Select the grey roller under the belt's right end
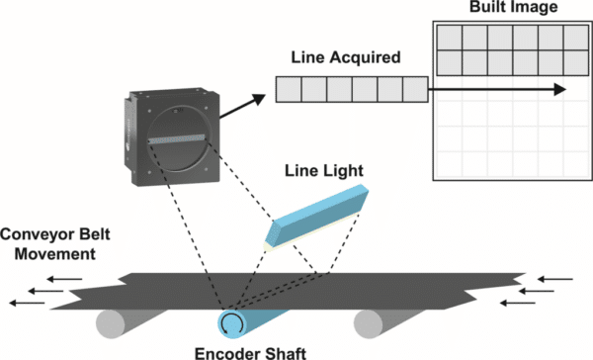tap(378, 319)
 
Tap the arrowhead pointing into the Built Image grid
tap(560, 89)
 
